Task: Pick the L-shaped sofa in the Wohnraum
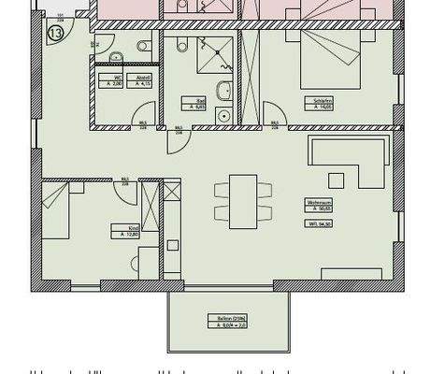point(346,159)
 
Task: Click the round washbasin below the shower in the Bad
point(222,92)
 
